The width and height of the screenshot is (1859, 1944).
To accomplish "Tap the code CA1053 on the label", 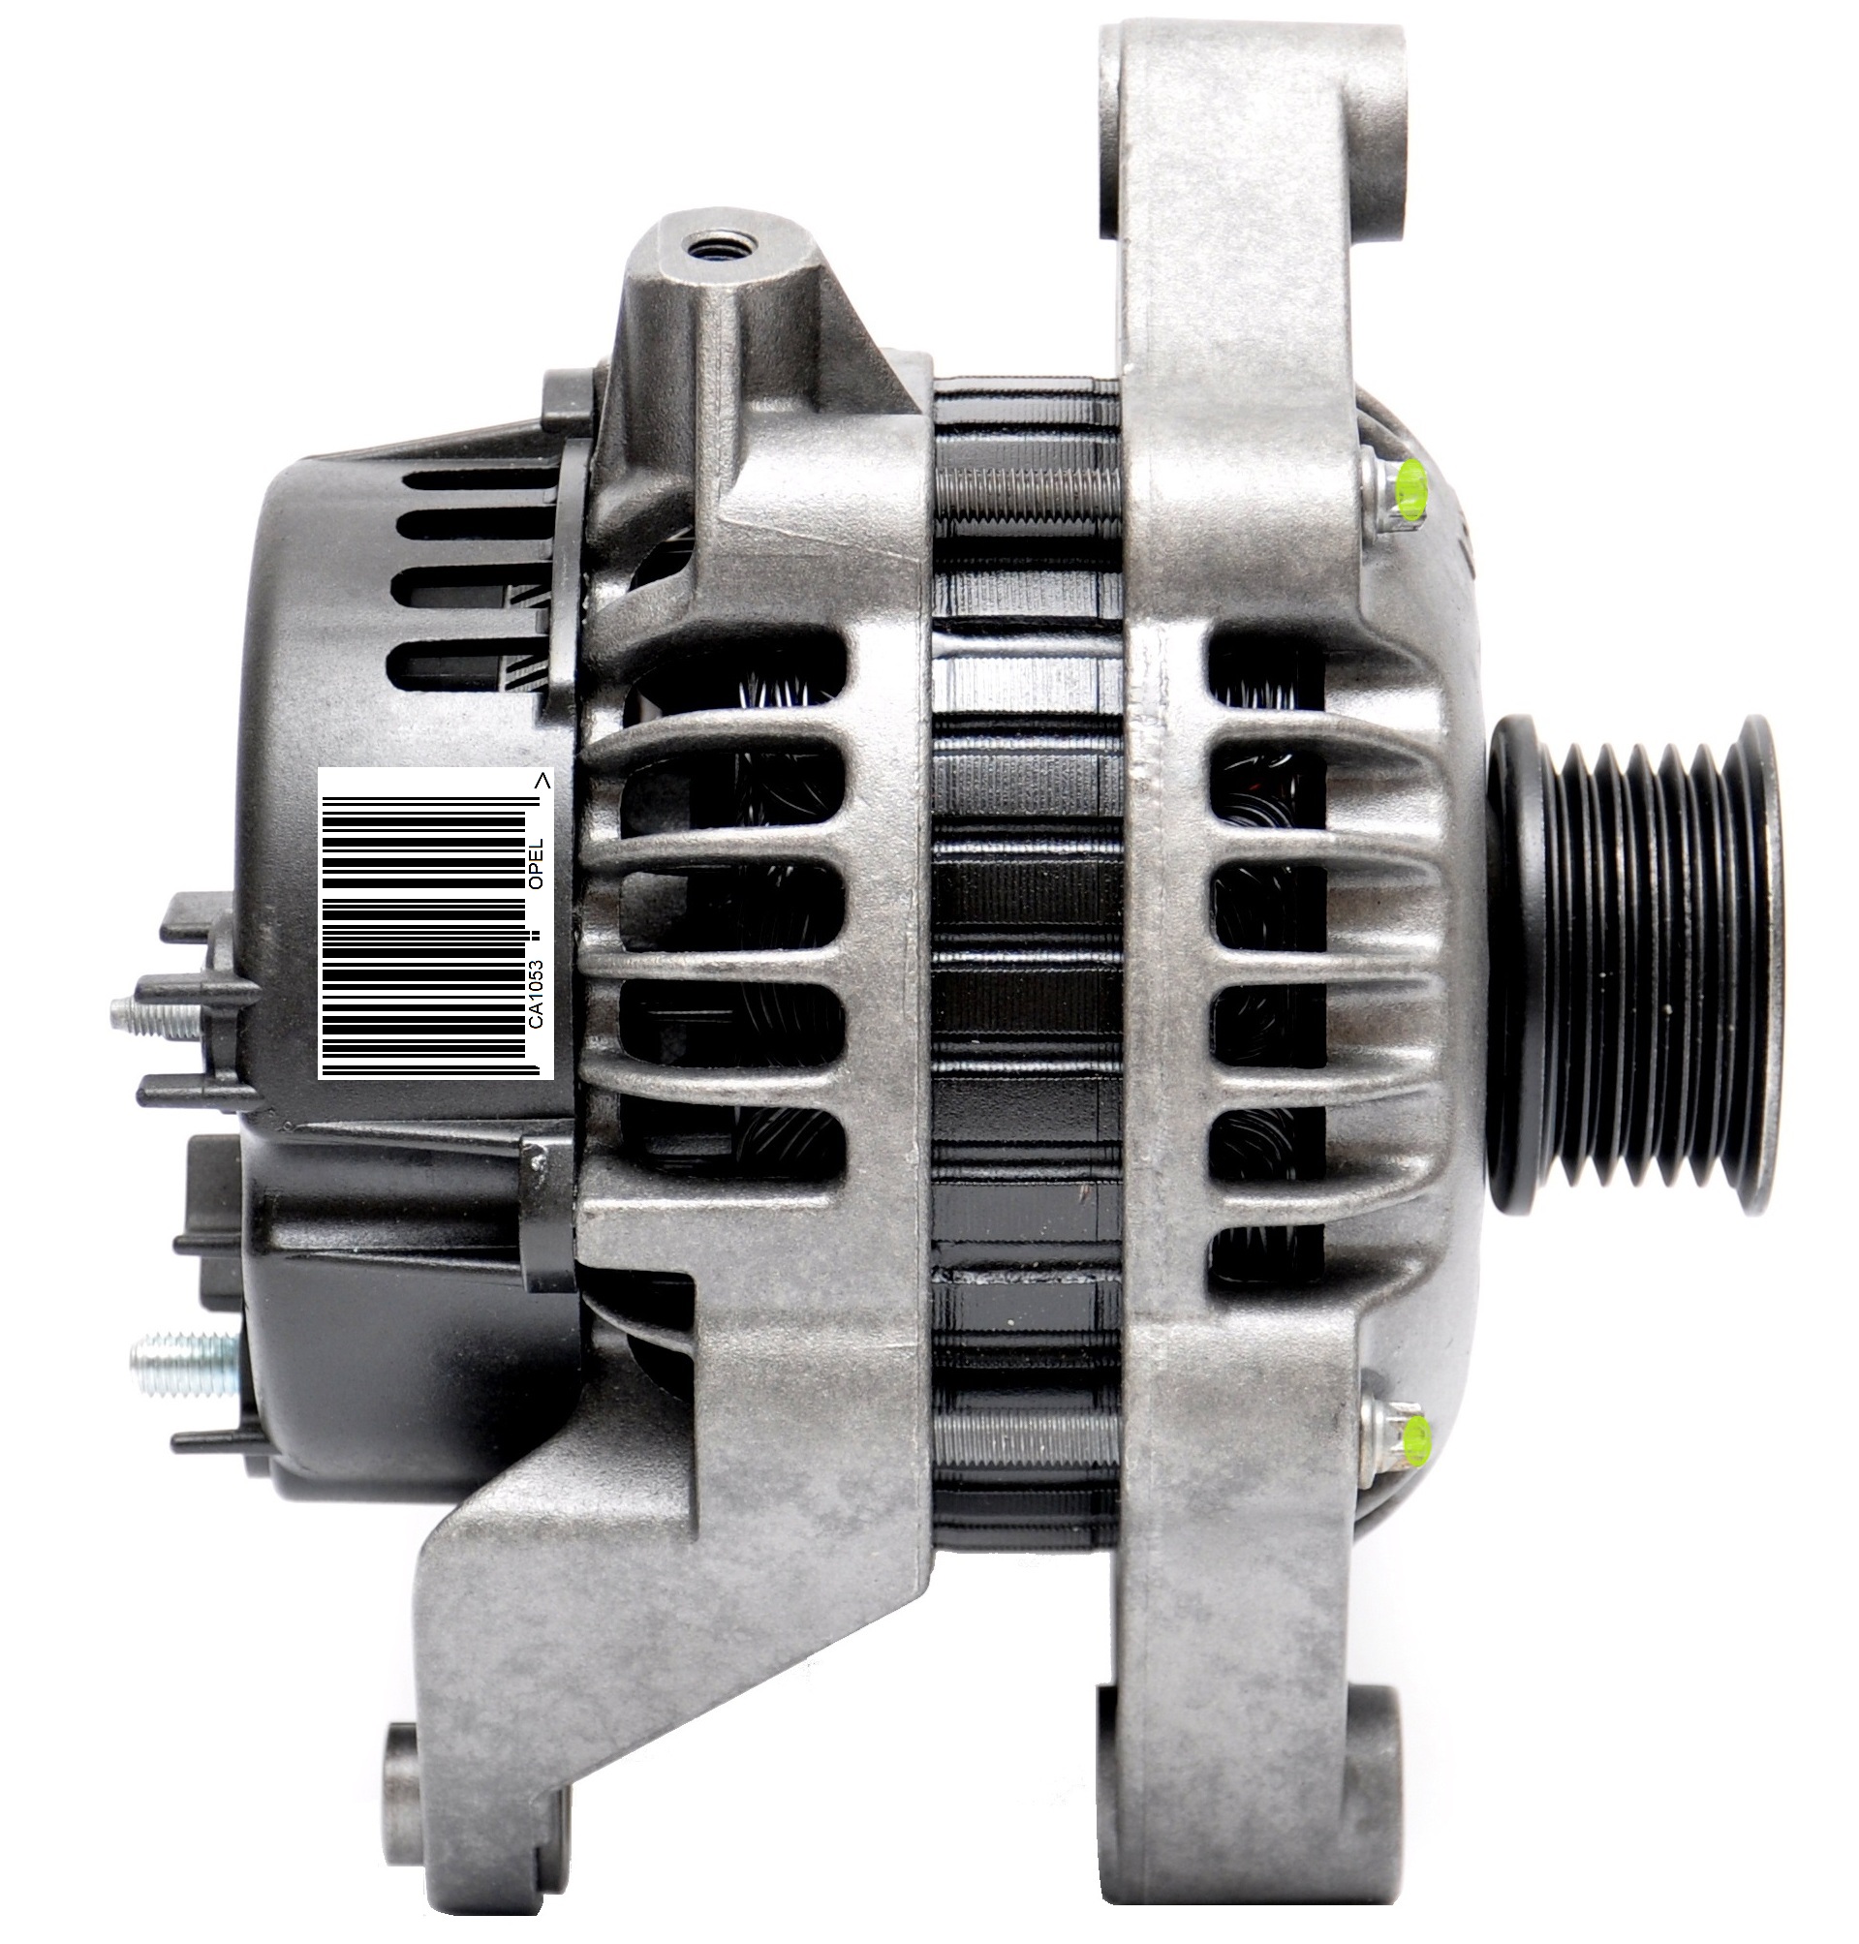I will point(536,993).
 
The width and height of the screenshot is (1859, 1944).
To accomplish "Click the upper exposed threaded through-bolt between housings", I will point(1026,494).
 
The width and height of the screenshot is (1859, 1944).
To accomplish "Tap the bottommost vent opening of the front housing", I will point(1266,1260).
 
